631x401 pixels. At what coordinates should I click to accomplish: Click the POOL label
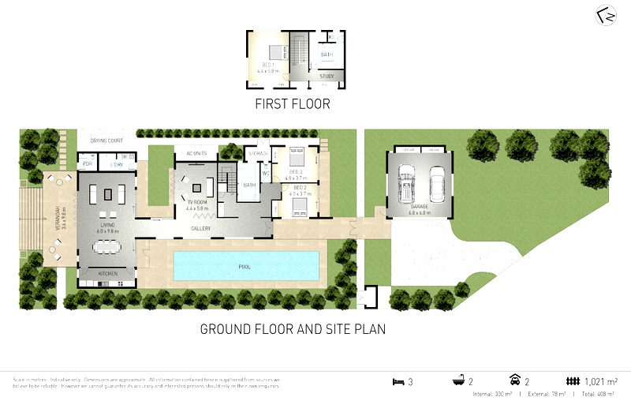click(x=245, y=267)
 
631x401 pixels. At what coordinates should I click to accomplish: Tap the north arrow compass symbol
click(x=605, y=17)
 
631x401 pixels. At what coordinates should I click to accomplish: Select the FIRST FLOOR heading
click(x=292, y=104)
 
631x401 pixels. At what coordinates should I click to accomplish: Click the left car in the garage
click(x=407, y=184)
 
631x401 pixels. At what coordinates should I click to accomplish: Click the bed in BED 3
click(x=298, y=155)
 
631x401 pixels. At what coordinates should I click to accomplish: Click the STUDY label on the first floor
click(x=326, y=77)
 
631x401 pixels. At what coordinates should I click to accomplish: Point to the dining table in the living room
click(x=106, y=246)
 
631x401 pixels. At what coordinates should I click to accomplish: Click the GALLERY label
click(x=200, y=229)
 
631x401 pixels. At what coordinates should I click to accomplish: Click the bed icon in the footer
click(x=398, y=382)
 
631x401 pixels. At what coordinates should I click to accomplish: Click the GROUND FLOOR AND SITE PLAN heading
click(x=292, y=329)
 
